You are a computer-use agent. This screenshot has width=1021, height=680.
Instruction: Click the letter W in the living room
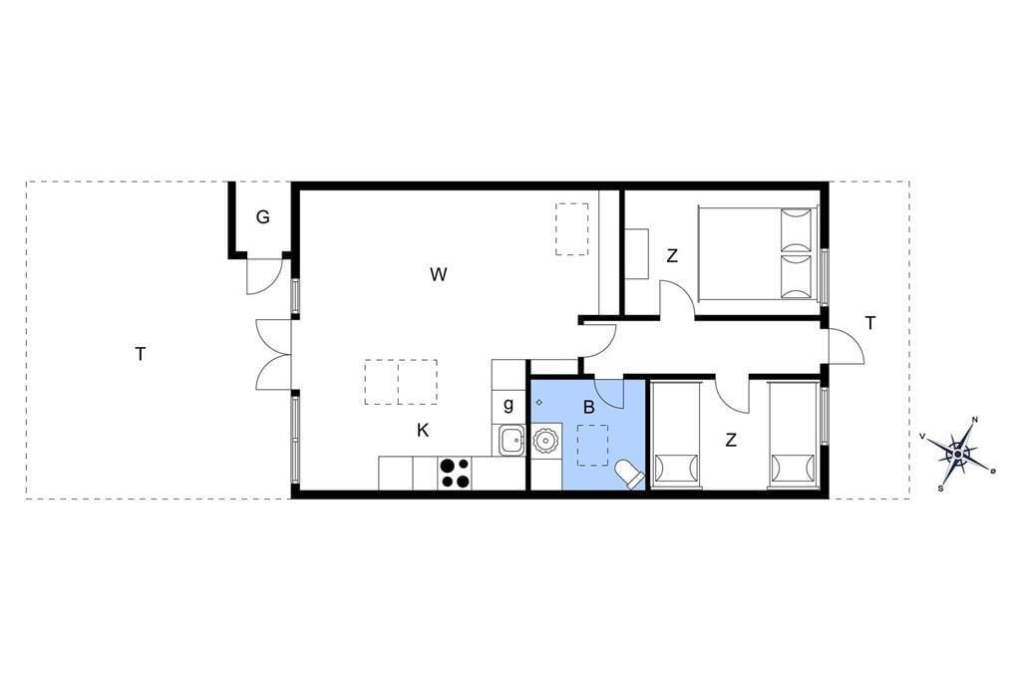439,274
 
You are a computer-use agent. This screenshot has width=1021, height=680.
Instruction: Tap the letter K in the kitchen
423,430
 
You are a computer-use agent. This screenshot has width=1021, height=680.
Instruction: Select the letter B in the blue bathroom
588,408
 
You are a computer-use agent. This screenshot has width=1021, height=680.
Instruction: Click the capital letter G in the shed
262,217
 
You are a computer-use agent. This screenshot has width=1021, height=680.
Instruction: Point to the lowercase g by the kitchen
508,405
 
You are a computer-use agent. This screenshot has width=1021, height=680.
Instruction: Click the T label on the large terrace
140,354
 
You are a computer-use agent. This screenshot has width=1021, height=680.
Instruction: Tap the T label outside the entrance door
869,322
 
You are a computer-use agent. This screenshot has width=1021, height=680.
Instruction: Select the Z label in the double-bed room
672,256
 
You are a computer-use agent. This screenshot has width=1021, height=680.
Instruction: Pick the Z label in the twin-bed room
731,441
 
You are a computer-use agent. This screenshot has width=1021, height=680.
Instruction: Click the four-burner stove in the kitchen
455,473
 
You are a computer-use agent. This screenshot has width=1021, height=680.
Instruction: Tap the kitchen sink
511,441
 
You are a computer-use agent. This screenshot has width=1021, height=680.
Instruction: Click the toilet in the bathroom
630,475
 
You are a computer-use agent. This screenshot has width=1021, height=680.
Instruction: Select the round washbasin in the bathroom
545,441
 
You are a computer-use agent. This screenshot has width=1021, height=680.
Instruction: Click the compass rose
957,453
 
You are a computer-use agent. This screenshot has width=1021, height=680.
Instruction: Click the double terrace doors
274,355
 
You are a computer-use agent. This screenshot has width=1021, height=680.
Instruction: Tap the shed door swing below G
263,276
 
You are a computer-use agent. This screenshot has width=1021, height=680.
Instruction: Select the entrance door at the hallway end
846,346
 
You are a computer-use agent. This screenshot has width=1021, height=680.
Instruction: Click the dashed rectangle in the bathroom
592,445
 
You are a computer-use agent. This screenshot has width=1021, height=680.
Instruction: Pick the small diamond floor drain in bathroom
539,402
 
